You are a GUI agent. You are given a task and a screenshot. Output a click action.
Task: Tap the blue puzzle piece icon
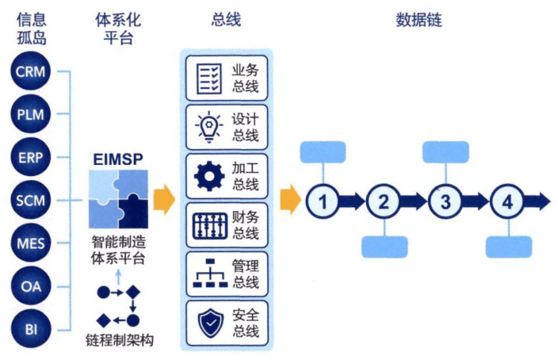(117, 199)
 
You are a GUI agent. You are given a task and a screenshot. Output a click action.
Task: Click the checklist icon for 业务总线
(208, 77)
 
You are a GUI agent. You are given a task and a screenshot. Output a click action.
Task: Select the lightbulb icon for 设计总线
(208, 125)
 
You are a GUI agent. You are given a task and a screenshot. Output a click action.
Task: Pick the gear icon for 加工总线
(208, 175)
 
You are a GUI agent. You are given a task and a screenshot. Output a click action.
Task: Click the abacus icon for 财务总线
(208, 225)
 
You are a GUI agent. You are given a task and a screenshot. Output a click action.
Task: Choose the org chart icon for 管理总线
(208, 274)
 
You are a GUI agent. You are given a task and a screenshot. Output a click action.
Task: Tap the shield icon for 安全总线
(208, 323)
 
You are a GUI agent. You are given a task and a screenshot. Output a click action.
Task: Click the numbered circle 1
(323, 201)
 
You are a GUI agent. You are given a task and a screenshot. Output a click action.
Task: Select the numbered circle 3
(445, 201)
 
